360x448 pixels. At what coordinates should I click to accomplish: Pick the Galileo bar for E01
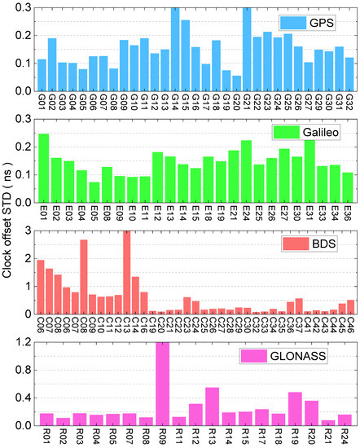(44, 166)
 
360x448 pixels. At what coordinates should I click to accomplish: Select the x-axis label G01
(42, 105)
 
